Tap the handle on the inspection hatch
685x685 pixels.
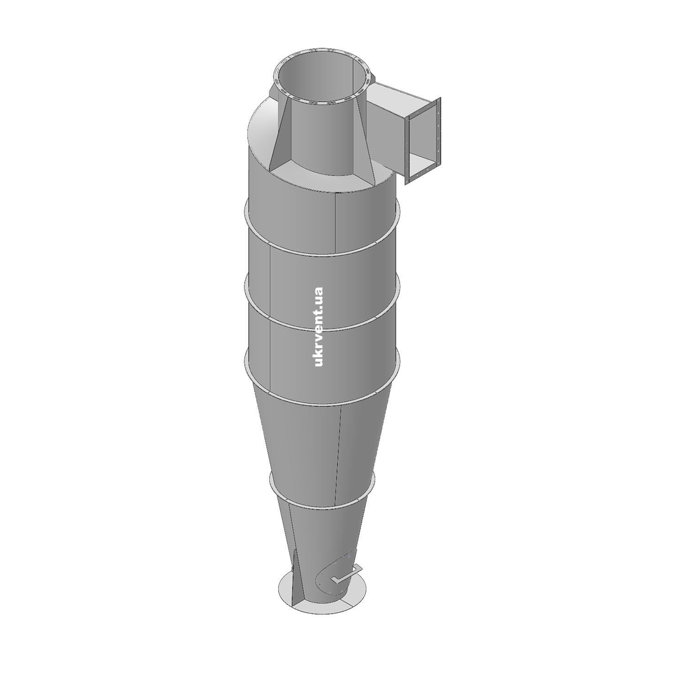[347, 574]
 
